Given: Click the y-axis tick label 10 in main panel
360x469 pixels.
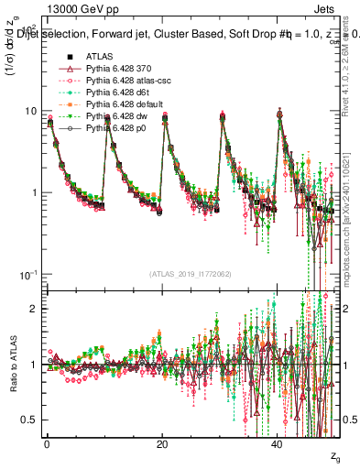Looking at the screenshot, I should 30,112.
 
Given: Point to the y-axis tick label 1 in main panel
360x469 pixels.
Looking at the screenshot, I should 34,193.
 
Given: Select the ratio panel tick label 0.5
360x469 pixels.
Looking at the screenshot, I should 30,420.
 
